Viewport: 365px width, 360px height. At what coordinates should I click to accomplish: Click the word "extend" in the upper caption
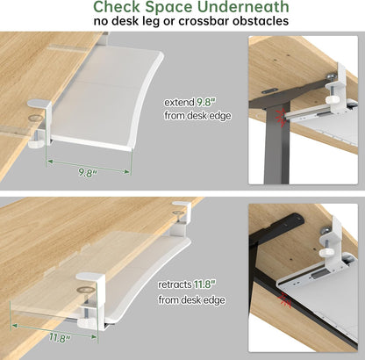(x=179, y=102)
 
